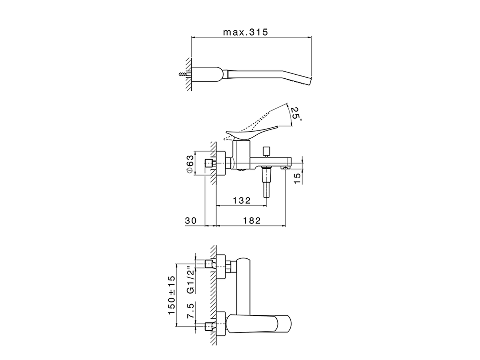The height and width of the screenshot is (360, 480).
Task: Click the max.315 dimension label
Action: click(246, 32)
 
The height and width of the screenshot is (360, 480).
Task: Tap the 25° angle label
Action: click(296, 112)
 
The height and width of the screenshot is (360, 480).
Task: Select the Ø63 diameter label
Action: click(190, 164)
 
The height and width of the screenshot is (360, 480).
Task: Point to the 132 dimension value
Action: click(241, 201)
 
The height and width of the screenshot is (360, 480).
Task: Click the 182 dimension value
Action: click(251, 221)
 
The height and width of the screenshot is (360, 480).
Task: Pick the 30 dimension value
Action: click(191, 221)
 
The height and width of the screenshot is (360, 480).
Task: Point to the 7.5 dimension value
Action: click(190, 311)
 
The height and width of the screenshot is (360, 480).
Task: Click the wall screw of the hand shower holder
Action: click(183, 74)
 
